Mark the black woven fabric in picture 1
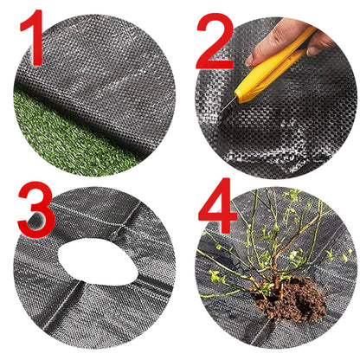112,61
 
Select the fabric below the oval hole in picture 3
95,312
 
